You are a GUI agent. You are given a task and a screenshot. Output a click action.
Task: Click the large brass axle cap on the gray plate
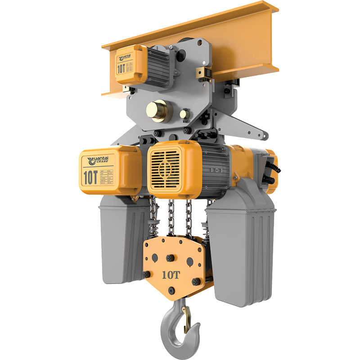(158, 111)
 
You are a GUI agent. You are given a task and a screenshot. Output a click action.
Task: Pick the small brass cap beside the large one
(184, 114)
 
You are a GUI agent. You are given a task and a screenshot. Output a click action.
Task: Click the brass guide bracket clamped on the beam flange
(205, 73)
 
